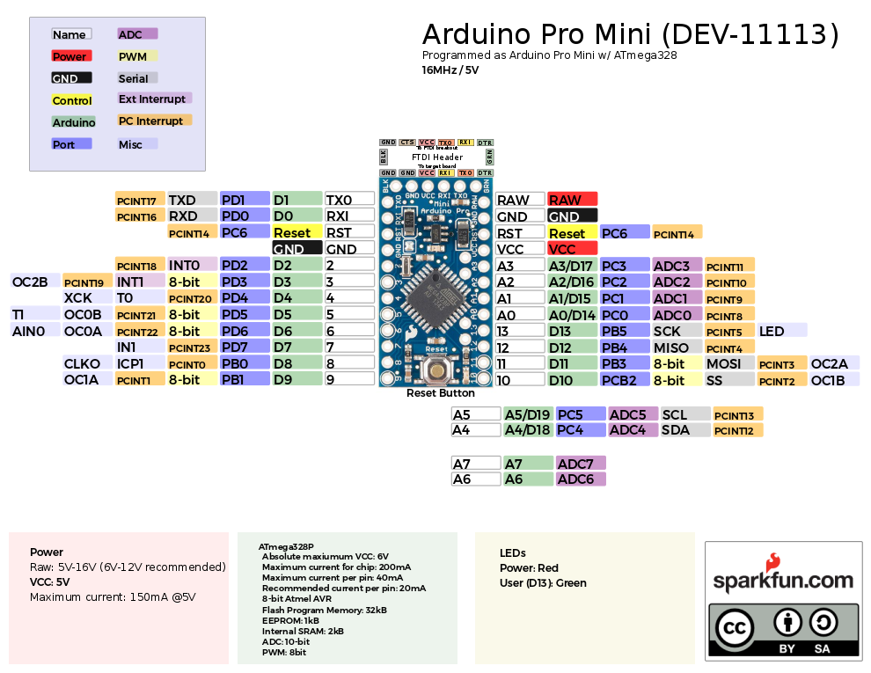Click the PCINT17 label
coord(140,200)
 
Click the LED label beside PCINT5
coord(781,331)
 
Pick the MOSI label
coord(728,363)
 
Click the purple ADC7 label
coord(581,464)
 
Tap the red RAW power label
coord(572,200)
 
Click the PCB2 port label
coord(625,380)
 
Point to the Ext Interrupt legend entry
coord(154,99)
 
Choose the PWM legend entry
coord(137,56)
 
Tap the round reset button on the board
coord(436,371)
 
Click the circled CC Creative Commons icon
coord(736,628)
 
